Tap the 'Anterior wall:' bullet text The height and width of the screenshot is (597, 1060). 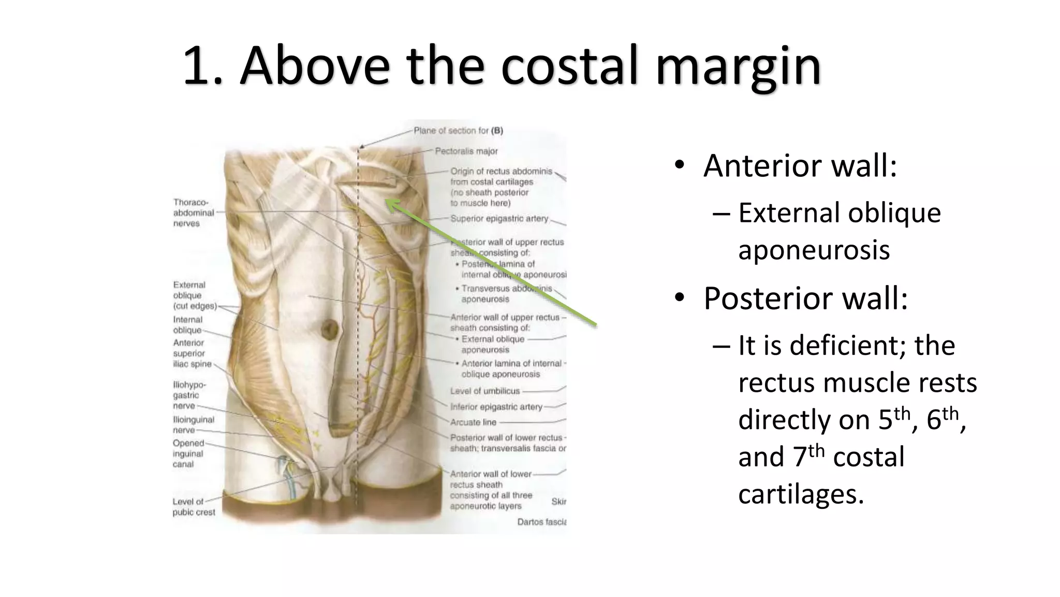tap(800, 166)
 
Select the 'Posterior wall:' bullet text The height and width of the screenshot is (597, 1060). tap(805, 298)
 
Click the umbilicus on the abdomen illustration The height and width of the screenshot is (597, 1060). tap(329, 329)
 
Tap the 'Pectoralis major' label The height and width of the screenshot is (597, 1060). tap(466, 151)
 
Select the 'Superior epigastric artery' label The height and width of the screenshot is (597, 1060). tap(499, 219)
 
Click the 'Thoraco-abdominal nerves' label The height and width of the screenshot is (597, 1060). tap(193, 212)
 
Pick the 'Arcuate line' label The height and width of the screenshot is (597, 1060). tap(473, 422)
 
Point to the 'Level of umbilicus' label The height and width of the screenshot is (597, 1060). tap(484, 391)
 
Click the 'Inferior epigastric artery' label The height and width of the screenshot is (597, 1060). tap(496, 407)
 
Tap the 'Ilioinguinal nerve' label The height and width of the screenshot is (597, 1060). tap(193, 425)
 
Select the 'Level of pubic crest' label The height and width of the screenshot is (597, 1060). tap(194, 507)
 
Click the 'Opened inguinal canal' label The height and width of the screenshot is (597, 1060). tap(188, 453)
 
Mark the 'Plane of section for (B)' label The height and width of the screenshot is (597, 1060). tap(458, 131)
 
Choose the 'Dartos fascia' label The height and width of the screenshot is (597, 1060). tap(541, 522)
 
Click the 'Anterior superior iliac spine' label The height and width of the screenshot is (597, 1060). tap(192, 353)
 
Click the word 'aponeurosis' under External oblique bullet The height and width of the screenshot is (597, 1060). tap(814, 250)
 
